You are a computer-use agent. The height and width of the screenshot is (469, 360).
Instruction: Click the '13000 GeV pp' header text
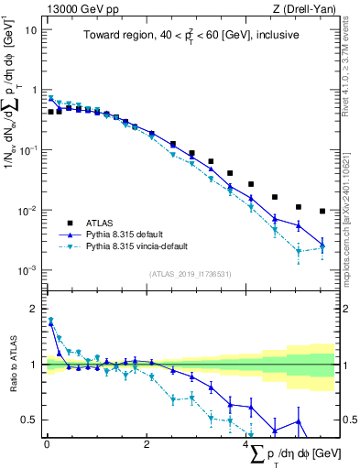tap(77, 9)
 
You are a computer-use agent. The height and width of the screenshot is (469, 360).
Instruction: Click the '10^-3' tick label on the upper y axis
tap(27, 270)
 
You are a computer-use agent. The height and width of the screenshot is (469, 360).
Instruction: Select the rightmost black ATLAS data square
tap(322, 211)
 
